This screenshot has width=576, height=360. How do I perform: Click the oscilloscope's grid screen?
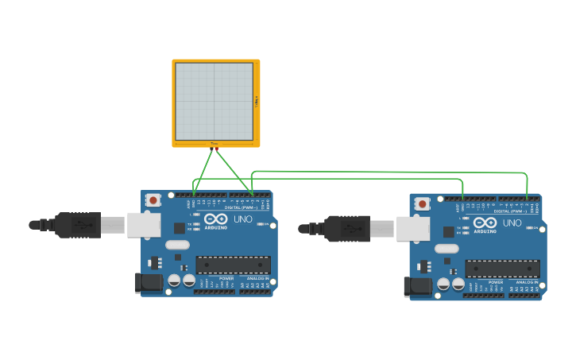click(x=214, y=102)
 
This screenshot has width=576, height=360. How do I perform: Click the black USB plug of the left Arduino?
click(x=78, y=225)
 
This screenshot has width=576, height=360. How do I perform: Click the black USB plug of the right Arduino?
click(x=346, y=229)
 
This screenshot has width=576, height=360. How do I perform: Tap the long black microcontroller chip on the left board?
click(x=233, y=265)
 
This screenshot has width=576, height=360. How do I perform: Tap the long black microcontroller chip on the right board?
click(x=502, y=269)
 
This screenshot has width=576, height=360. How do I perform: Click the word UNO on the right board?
click(x=512, y=223)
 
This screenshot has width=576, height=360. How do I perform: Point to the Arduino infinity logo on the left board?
click(x=215, y=219)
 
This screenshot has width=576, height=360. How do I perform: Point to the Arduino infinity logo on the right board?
click(x=485, y=223)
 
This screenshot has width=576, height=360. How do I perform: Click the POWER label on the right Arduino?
click(x=495, y=282)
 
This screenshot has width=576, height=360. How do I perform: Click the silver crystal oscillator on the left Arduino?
click(x=177, y=245)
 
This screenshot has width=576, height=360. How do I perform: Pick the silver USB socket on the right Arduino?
click(x=413, y=229)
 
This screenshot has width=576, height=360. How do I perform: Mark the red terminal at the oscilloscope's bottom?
click(x=215, y=148)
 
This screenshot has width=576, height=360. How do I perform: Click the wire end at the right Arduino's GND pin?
click(x=462, y=199)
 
